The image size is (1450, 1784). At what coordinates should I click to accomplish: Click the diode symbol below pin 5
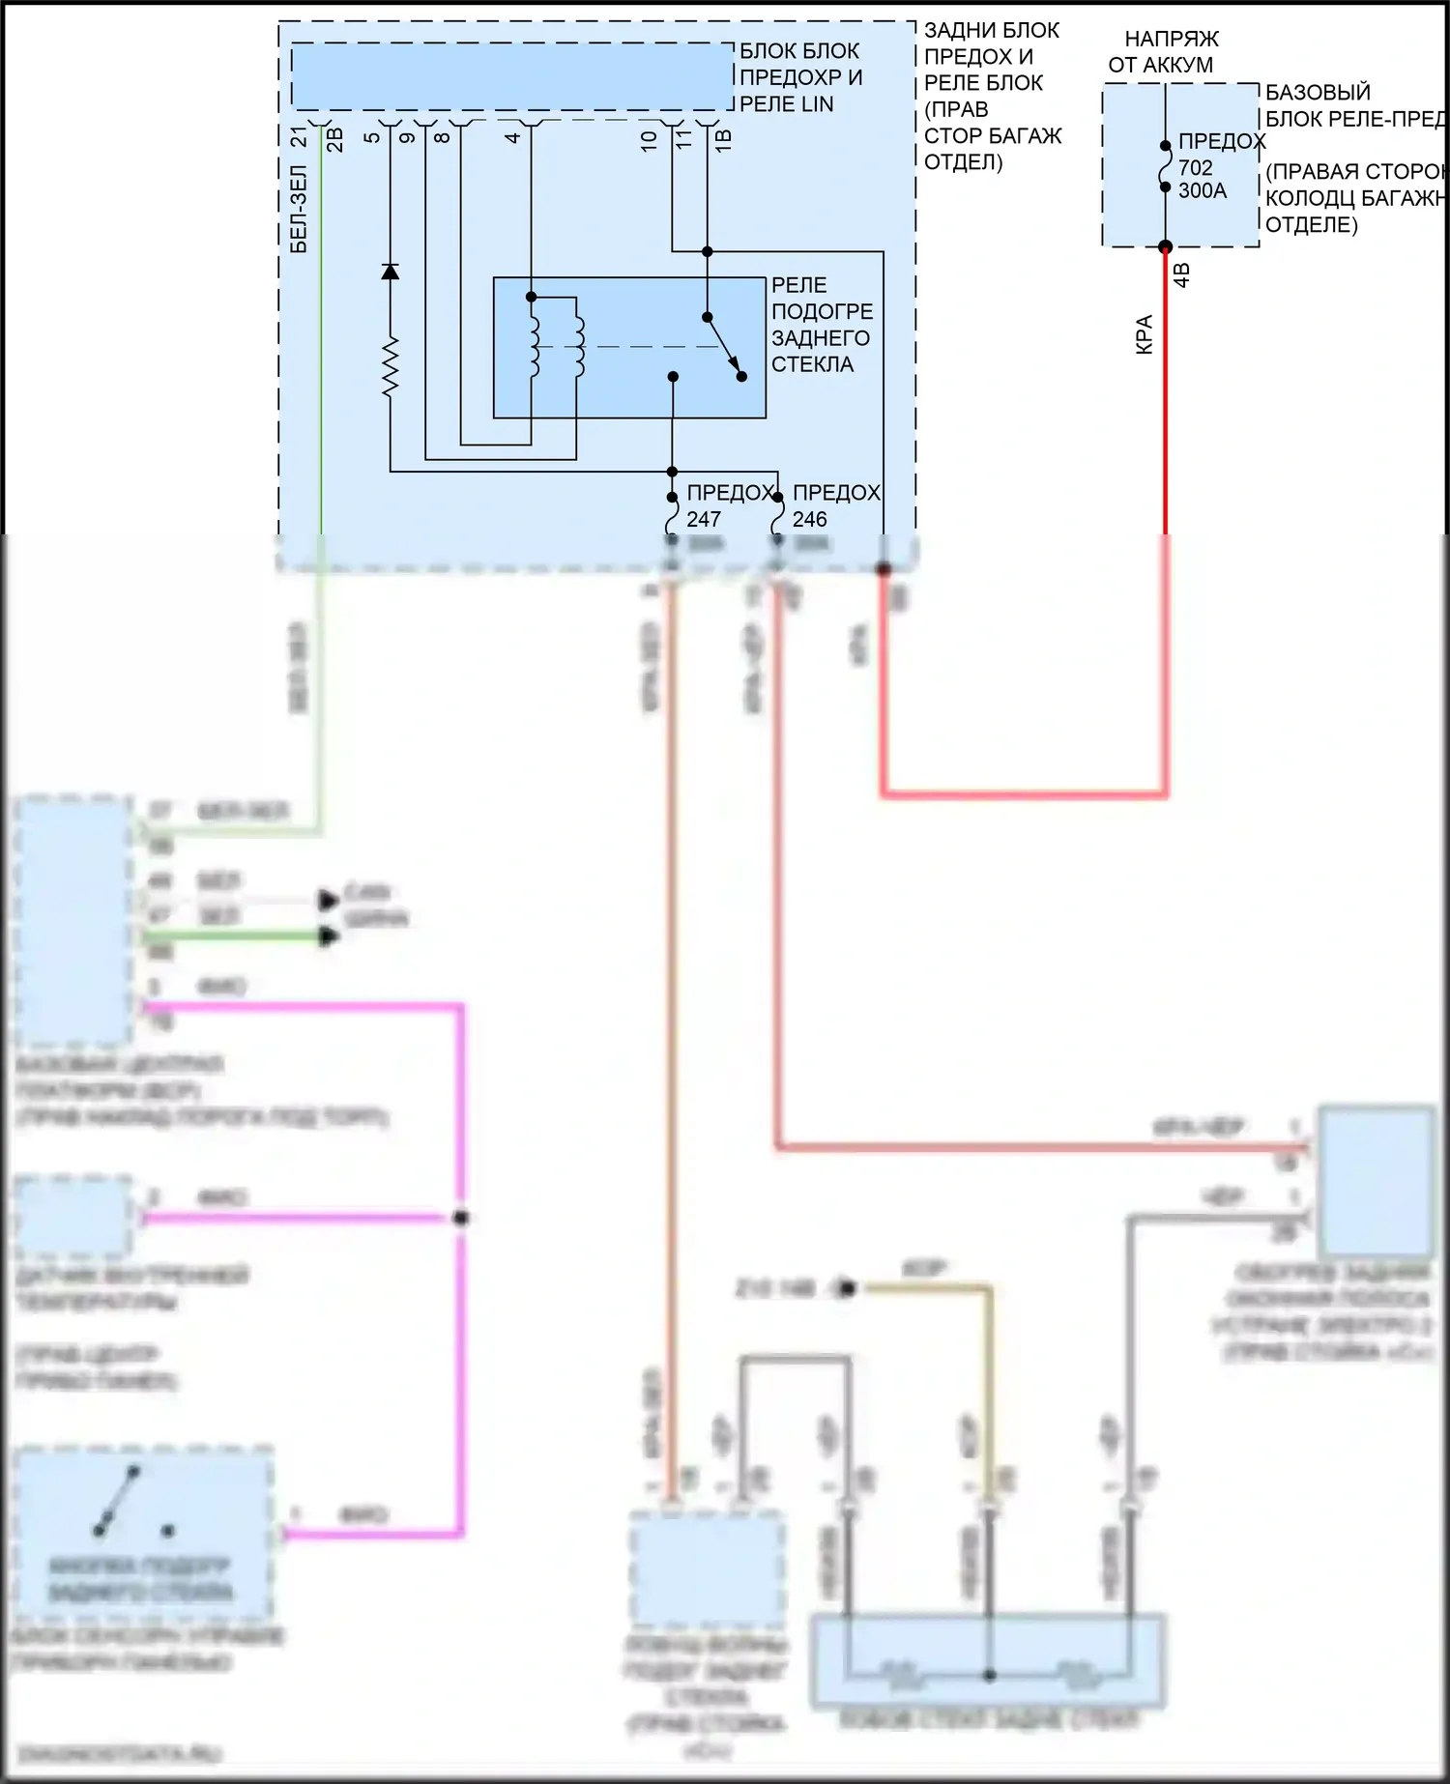(390, 272)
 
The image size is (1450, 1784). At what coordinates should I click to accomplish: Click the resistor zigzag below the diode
(390, 367)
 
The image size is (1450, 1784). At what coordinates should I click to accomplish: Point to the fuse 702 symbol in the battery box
(1165, 167)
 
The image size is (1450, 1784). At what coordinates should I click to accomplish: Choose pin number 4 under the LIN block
(513, 136)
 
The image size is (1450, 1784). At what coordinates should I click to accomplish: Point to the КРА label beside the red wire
(1145, 334)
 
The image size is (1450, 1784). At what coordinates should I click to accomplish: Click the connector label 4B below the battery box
(1181, 274)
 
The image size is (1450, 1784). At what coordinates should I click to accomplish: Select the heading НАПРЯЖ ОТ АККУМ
(1164, 52)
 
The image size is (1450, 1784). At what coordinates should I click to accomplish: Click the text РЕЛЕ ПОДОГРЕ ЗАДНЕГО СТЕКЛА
(821, 325)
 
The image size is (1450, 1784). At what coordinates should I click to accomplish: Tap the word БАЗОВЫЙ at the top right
(1318, 93)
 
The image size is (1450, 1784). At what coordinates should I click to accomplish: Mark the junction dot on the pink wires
(461, 1218)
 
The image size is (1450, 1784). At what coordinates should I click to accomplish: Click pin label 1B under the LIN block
(723, 138)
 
